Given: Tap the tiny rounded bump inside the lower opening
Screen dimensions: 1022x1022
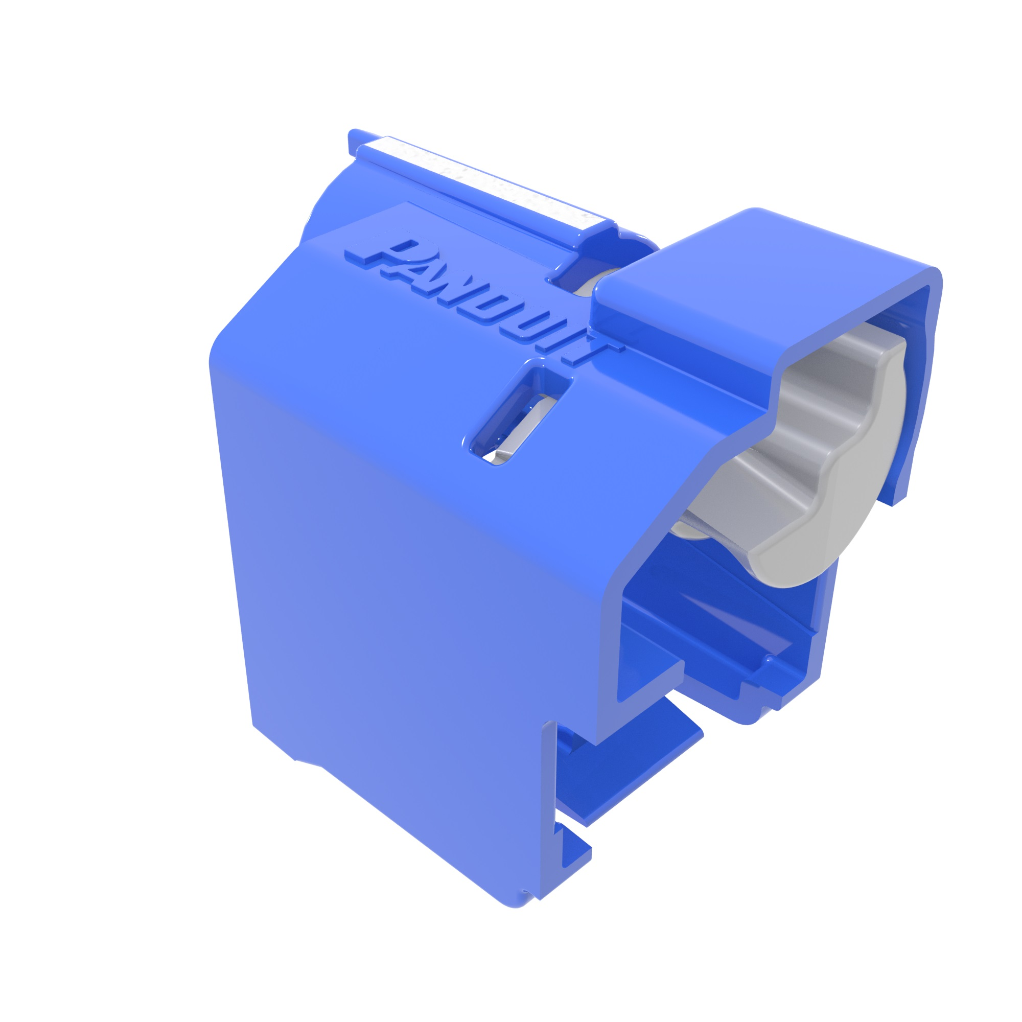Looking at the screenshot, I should coord(770,659).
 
